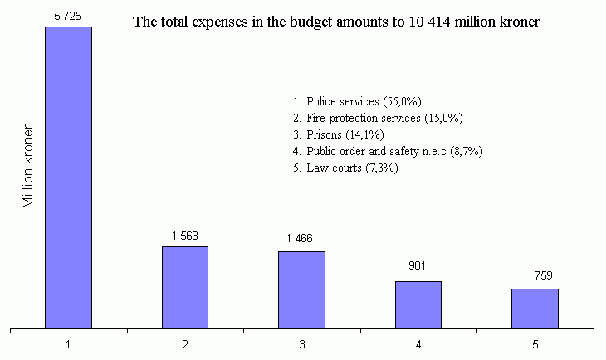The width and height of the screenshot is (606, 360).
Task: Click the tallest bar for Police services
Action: pyautogui.click(x=68, y=178)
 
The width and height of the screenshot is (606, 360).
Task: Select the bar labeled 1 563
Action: pyautogui.click(x=185, y=287)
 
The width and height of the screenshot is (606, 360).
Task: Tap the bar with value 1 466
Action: pyautogui.click(x=301, y=289)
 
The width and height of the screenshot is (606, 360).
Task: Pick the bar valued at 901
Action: pyautogui.click(x=418, y=304)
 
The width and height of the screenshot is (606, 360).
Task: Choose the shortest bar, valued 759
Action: pyautogui.click(x=535, y=309)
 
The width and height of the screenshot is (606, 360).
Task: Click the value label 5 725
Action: pyautogui.click(x=68, y=16)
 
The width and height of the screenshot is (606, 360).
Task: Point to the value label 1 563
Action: pyautogui.click(x=185, y=236)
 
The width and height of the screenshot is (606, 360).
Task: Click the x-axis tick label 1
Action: pyautogui.click(x=68, y=343)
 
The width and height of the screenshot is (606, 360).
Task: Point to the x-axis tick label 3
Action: pyautogui.click(x=301, y=343)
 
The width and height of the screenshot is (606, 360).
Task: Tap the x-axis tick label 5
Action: pyautogui.click(x=535, y=343)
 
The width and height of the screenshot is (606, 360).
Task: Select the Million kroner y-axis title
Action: pyautogui.click(x=28, y=167)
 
